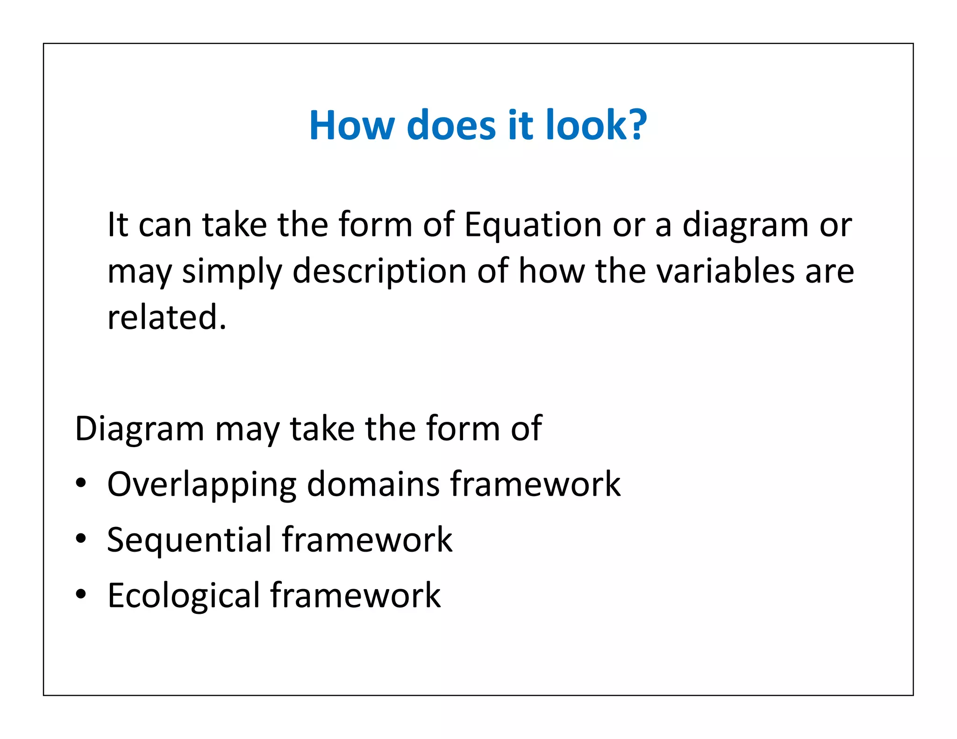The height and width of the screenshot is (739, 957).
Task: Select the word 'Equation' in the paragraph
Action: tap(533, 225)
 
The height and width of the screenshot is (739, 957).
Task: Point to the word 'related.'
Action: tap(167, 317)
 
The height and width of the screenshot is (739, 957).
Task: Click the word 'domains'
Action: tap(373, 484)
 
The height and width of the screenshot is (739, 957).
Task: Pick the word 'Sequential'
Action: tap(189, 540)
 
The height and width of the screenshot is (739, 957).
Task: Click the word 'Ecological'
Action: tap(184, 596)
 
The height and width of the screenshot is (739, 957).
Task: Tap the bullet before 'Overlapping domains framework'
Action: tap(81, 483)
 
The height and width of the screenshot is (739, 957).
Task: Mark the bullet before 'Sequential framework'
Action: tap(81, 539)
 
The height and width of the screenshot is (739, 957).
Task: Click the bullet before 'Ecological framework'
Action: tap(81, 595)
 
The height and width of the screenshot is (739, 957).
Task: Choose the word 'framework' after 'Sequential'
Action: tap(367, 540)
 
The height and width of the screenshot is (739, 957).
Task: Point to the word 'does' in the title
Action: tap(451, 125)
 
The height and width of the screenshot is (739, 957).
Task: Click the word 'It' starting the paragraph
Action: tap(117, 225)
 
